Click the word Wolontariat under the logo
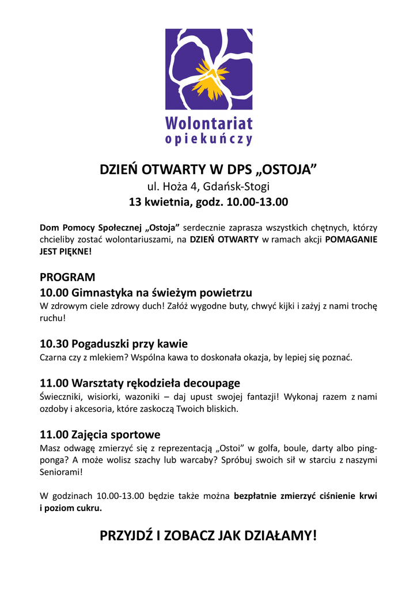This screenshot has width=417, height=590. [208, 123]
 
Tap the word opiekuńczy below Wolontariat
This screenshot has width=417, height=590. [208, 139]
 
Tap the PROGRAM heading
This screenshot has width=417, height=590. [67, 277]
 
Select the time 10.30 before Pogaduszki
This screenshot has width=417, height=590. [54, 344]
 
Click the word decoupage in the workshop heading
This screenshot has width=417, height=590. [209, 383]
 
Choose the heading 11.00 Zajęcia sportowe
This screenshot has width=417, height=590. [100, 434]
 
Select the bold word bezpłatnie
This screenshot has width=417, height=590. [255, 496]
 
